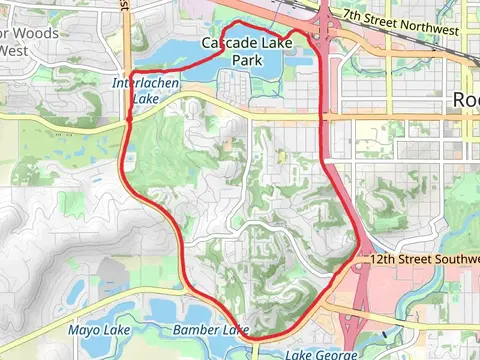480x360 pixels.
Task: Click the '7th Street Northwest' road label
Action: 399,23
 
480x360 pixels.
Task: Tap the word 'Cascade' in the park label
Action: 227,44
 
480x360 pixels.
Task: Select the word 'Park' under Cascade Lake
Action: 247,60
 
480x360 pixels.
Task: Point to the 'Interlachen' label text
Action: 147,83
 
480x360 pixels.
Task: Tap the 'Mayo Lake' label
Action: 98,330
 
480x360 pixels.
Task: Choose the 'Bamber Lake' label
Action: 210,330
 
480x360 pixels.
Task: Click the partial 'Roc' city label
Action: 465,99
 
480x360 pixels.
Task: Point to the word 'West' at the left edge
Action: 13,50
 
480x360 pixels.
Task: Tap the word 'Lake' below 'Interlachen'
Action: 147,100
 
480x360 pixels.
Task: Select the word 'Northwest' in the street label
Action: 426,27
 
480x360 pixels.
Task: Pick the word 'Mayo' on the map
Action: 84,330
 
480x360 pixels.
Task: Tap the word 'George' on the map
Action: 334,355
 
